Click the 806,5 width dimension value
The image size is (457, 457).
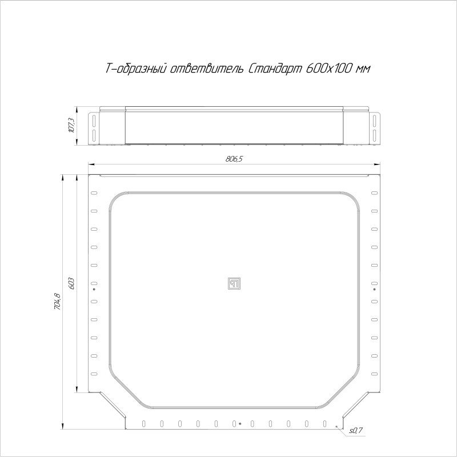click(x=234, y=159)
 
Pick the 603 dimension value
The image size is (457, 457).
click(x=71, y=284)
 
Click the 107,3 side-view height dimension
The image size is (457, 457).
click(x=71, y=125)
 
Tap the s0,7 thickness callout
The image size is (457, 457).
click(x=356, y=430)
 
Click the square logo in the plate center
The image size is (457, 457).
click(x=234, y=283)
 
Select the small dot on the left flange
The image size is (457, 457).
click(x=94, y=290)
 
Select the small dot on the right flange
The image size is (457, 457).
click(x=374, y=290)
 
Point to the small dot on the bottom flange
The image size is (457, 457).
click(x=240, y=424)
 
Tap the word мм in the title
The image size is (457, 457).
click(x=363, y=69)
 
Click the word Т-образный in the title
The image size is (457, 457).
click(x=136, y=69)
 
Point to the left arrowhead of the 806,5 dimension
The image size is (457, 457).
click(x=90, y=165)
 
